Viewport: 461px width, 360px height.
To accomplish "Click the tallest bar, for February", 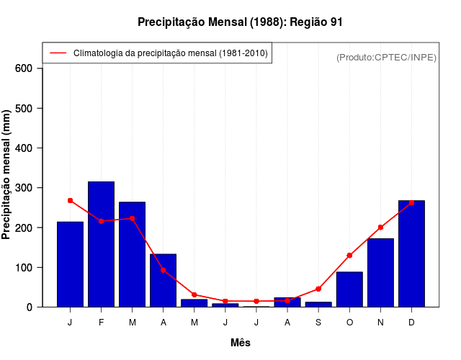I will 101,244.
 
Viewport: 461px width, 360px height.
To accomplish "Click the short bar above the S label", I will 318,304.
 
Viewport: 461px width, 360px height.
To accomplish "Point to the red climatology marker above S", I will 318,289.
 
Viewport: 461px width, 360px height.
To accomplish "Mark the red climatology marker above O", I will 349,255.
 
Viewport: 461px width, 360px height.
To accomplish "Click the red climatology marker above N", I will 380,227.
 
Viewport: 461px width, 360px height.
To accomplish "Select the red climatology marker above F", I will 101,221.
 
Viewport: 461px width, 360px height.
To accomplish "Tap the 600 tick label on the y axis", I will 24,68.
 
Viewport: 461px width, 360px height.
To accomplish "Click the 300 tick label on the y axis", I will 24,188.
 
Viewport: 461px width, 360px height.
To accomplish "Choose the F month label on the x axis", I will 101,323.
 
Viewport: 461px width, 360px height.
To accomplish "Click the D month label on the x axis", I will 411,323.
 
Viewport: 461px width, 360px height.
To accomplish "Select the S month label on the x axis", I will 318,323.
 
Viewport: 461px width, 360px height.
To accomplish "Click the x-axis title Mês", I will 241,343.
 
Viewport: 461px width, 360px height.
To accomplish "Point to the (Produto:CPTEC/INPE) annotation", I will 386,57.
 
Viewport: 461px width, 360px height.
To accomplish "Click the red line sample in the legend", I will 58,53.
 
